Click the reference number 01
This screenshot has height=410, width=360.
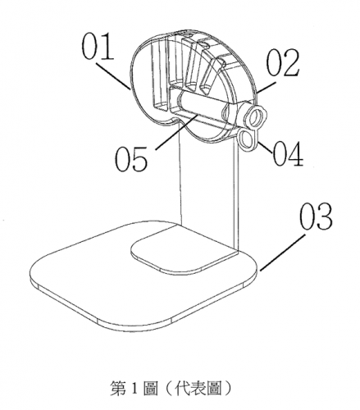click(x=97, y=46)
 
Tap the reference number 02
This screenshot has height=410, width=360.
click(x=283, y=62)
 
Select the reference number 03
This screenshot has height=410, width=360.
click(x=317, y=216)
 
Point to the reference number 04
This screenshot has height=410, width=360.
click(x=288, y=153)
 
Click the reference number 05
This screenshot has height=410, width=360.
click(x=131, y=158)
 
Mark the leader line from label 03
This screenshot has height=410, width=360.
click(x=283, y=253)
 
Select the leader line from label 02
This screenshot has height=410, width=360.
click(x=266, y=87)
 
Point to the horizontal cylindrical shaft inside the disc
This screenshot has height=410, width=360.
click(x=203, y=103)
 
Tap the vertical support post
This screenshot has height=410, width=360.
click(x=208, y=189)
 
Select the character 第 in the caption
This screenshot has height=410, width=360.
click(x=118, y=388)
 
